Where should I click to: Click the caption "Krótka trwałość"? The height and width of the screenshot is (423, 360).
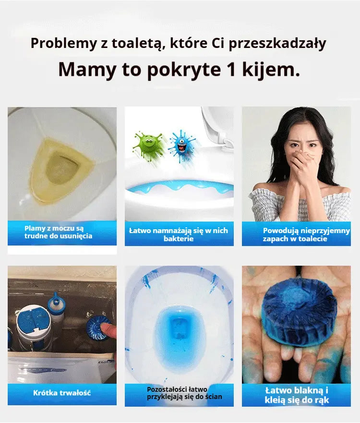[62, 393]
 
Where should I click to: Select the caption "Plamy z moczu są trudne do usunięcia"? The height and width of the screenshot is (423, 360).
[59, 232]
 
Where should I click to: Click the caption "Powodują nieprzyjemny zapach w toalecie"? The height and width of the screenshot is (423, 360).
[306, 235]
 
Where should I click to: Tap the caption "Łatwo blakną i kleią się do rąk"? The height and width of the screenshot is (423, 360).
[297, 395]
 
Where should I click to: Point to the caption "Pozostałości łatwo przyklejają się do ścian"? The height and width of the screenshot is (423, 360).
[184, 393]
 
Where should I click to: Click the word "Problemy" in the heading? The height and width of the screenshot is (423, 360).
[63, 44]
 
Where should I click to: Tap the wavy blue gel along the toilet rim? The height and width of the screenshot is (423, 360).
[180, 187]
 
